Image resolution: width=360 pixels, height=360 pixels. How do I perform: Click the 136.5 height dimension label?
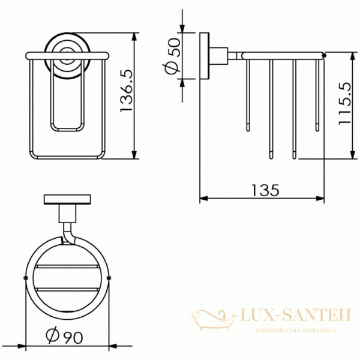(x=127, y=91)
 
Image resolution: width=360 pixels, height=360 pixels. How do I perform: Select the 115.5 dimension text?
(x=346, y=103)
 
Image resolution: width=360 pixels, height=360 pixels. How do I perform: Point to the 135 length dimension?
(x=265, y=190)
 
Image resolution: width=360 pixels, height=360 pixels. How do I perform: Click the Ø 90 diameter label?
(x=64, y=337)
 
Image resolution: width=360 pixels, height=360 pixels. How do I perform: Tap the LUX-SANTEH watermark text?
(x=296, y=315)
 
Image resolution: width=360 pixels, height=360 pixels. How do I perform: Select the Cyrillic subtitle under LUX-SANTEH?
(x=296, y=331)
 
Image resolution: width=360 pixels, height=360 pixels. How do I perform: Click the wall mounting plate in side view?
(x=205, y=56)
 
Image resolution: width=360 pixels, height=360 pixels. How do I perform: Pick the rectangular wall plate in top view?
(x=67, y=200)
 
